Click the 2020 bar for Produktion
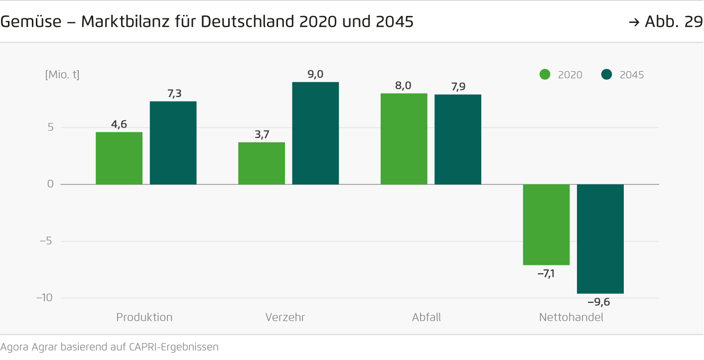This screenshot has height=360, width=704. click(x=119, y=158)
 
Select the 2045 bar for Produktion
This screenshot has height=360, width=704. click(x=173, y=143)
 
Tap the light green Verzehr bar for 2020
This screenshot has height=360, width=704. click(x=262, y=163)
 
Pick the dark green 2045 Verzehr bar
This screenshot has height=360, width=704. click(x=315, y=133)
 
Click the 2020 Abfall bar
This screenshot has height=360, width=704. click(x=404, y=139)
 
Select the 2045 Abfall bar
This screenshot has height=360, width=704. click(x=458, y=139)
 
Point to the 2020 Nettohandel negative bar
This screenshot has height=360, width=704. click(x=546, y=225)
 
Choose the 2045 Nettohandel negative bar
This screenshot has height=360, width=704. click(x=600, y=239)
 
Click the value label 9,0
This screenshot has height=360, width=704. click(x=315, y=74)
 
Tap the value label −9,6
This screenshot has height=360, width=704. click(x=599, y=302)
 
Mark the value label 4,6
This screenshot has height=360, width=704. click(x=119, y=124)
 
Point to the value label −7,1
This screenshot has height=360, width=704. click(x=546, y=273)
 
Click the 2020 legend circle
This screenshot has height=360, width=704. click(x=545, y=75)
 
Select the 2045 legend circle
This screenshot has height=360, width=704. click(x=606, y=75)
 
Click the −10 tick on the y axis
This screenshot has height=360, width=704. click(x=44, y=298)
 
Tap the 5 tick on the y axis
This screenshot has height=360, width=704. click(x=50, y=127)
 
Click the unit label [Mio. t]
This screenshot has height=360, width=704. click(x=62, y=75)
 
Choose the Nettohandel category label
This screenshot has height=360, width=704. click(x=571, y=317)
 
